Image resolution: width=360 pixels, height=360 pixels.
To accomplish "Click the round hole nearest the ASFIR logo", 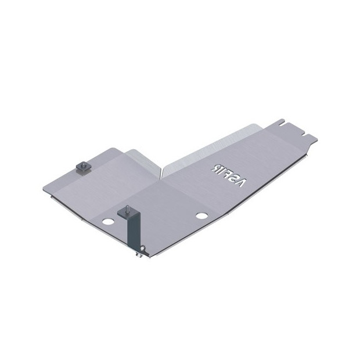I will [x=201, y=215].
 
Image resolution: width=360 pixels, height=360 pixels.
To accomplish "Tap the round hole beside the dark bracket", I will [x=107, y=222].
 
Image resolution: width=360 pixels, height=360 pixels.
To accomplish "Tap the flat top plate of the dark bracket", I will [x=128, y=213].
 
